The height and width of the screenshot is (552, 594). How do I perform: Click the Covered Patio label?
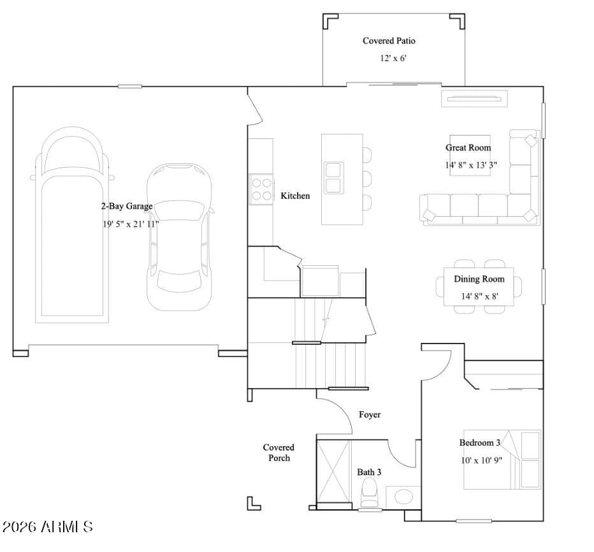tap(389, 41)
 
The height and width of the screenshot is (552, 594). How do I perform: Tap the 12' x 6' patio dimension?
tap(393, 59)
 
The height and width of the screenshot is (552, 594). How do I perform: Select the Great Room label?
tap(468, 148)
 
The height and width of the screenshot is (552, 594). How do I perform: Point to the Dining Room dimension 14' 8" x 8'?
tap(479, 296)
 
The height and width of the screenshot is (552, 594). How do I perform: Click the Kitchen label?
tap(295, 196)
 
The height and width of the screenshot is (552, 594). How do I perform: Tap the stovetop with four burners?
tap(261, 189)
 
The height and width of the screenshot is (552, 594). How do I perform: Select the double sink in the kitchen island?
tap(334, 178)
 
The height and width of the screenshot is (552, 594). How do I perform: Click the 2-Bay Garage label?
tap(127, 206)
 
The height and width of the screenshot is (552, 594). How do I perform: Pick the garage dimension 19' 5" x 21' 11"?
tap(131, 224)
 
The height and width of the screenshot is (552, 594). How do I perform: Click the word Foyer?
tap(370, 415)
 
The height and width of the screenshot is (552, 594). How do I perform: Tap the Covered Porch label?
tap(279, 453)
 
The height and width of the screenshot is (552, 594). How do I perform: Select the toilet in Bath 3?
tap(368, 492)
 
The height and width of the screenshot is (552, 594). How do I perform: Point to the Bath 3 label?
tap(369, 472)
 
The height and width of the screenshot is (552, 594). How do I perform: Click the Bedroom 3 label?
tap(479, 442)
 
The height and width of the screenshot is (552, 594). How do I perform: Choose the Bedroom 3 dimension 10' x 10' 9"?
tap(481, 460)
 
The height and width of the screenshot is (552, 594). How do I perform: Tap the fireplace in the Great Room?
tap(474, 99)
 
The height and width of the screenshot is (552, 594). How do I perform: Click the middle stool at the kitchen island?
tap(366, 178)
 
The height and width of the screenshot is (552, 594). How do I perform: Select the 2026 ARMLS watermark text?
tap(47, 527)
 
